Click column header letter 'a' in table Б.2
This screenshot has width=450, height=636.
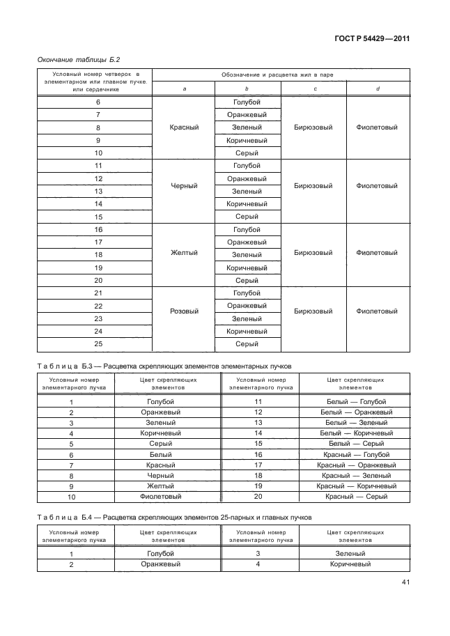click(184, 88)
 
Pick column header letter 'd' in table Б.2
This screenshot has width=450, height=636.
click(376, 88)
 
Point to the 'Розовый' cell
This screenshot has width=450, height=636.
click(184, 311)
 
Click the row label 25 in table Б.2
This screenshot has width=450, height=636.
click(98, 343)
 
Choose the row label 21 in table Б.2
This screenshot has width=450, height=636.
click(98, 293)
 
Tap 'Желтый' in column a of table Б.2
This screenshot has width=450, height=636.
click(184, 254)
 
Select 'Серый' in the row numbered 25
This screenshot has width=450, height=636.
click(247, 343)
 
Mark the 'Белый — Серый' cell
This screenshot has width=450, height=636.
click(356, 443)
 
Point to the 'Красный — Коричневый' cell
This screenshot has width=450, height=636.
click(356, 486)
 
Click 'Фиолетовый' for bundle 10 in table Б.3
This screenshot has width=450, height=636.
click(161, 497)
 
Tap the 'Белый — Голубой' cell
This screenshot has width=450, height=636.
click(356, 401)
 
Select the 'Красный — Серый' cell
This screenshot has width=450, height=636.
click(356, 497)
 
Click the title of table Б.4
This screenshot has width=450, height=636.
click(174, 518)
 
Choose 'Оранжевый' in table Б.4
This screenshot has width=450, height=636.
click(161, 564)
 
